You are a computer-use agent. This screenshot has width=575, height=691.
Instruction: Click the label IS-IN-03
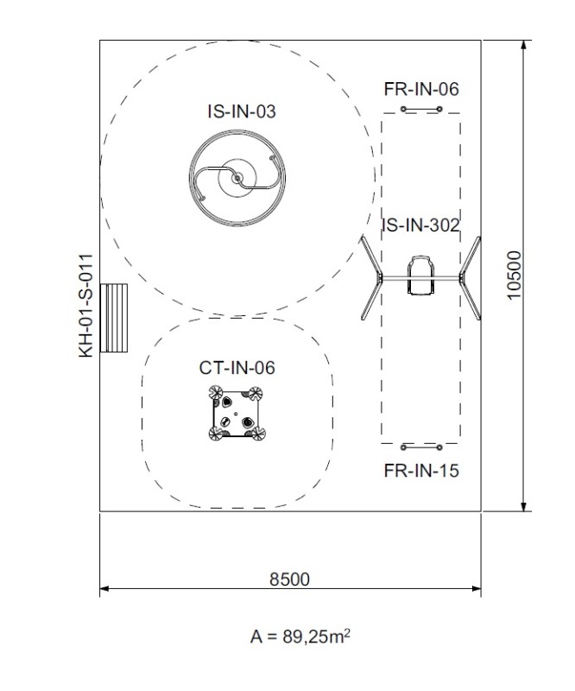(x=242, y=111)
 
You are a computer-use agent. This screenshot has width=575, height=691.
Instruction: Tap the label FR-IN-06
(x=421, y=89)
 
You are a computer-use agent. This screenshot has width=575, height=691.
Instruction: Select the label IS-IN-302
(x=421, y=226)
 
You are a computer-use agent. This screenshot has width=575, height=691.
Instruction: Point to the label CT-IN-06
(x=237, y=368)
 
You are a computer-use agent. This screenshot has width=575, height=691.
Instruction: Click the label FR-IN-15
(x=421, y=471)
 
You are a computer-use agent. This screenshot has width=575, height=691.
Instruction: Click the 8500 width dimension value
(x=289, y=579)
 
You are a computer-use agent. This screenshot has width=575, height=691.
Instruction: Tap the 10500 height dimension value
(x=515, y=276)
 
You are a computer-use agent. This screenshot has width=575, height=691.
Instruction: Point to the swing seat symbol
(x=420, y=276)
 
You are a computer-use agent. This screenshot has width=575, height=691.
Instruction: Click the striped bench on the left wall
(x=114, y=318)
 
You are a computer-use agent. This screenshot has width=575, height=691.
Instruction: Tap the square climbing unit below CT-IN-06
(x=236, y=415)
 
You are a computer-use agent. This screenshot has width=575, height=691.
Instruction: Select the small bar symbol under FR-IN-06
(x=421, y=110)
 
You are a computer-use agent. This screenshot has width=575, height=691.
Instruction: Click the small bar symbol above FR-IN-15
(x=421, y=447)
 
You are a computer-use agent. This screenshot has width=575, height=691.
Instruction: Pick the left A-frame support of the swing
(x=371, y=277)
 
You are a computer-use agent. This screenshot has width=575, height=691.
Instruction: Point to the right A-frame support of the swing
(x=470, y=277)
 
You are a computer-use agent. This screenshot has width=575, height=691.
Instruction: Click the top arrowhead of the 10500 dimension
(x=523, y=45)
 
